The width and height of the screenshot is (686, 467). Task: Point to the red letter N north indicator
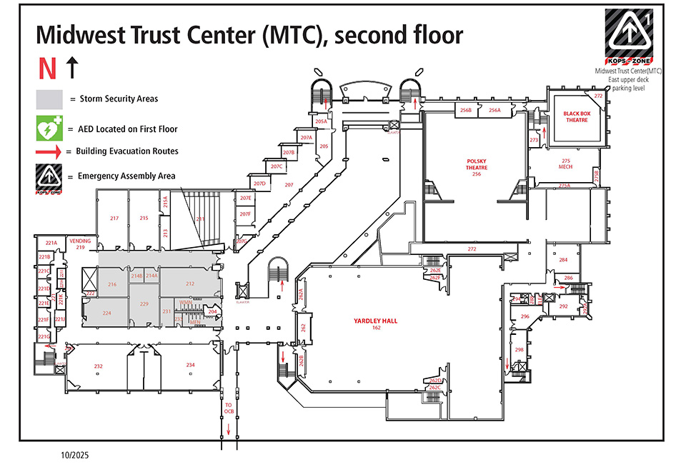(47, 69)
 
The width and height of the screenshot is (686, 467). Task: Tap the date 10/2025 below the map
(74, 454)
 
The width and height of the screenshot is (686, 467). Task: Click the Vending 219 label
(81, 243)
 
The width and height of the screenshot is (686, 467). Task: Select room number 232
(99, 366)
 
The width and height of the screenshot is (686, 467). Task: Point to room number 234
(190, 366)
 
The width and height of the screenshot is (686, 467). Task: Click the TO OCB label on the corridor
(229, 408)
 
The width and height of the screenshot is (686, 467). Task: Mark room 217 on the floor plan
(113, 218)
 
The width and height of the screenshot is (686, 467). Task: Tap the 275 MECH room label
(566, 164)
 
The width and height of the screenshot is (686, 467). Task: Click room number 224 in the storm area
(106, 313)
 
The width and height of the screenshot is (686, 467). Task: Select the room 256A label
(494, 110)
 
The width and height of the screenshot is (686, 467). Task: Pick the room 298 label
(520, 350)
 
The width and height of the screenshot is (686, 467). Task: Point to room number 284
(563, 260)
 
